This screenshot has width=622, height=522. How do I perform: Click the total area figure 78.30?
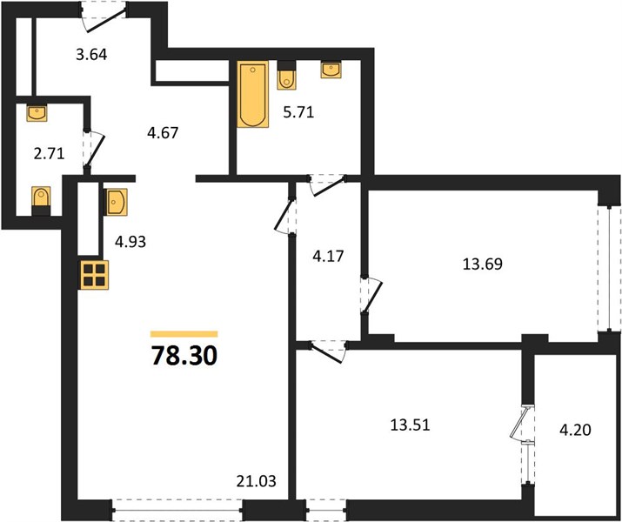[184, 356]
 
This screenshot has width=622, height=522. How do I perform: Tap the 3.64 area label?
[91, 54]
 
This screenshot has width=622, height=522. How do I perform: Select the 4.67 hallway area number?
[163, 132]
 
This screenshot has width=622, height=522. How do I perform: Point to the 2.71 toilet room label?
[50, 153]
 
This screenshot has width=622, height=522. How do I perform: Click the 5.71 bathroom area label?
[298, 112]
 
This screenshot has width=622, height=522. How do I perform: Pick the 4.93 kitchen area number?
[130, 241]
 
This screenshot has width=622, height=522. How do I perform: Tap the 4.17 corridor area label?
[328, 257]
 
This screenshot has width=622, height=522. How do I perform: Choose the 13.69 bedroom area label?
[483, 264]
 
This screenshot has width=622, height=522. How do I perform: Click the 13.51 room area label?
[411, 425]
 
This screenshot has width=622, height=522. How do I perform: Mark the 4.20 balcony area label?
[575, 430]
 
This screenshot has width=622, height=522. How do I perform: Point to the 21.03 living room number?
[257, 481]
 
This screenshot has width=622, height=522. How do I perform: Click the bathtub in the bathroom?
[252, 94]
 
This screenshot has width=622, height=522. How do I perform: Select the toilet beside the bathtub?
[286, 75]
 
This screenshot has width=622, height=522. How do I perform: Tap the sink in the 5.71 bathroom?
[331, 70]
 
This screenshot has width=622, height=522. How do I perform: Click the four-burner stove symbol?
[95, 275]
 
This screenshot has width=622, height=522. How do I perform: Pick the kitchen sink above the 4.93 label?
[115, 202]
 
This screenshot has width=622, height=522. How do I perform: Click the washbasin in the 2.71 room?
[37, 112]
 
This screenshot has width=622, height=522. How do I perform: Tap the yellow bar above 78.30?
[184, 334]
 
